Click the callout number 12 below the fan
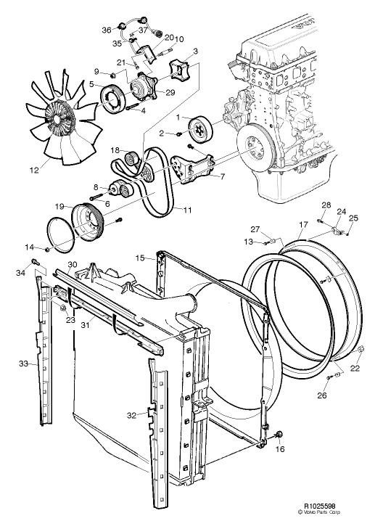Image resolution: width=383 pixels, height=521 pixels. [34, 170]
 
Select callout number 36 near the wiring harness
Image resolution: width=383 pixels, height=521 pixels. [107, 30]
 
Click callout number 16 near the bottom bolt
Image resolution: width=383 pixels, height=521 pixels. [280, 449]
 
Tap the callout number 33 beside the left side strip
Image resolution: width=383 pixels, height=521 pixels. [23, 364]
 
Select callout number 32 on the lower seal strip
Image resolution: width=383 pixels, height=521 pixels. [132, 415]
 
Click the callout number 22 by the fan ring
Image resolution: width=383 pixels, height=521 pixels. [355, 368]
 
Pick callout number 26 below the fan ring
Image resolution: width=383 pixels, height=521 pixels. [322, 395]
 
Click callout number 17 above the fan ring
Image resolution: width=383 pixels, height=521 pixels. [303, 225]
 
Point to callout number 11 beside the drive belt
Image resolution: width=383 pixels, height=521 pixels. [187, 210]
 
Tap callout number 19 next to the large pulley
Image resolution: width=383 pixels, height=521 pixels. [59, 207]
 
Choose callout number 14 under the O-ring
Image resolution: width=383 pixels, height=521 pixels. [29, 247]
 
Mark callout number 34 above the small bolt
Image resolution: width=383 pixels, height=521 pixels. [20, 273]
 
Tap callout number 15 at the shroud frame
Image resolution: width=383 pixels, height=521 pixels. [141, 258]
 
